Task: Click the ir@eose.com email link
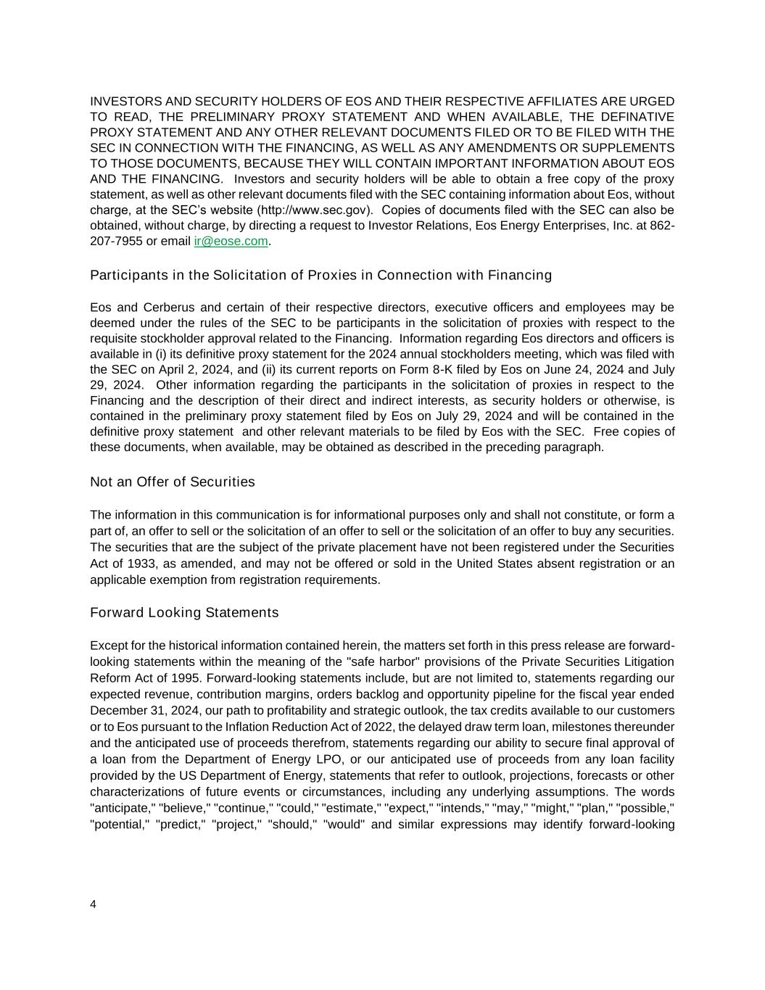pos(231,242)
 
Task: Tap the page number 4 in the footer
pos(93,904)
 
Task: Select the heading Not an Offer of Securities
pos(173,482)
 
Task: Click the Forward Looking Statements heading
pos(184,613)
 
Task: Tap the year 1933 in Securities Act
pos(143,564)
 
